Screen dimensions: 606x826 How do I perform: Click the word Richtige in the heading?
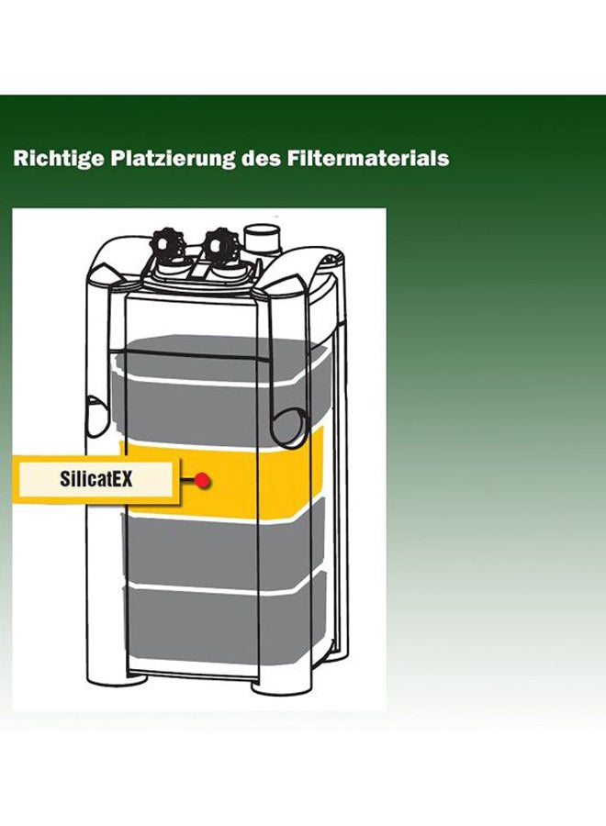[x=59, y=159]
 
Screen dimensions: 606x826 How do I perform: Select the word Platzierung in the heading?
[x=173, y=159]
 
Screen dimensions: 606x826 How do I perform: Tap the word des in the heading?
[x=262, y=159]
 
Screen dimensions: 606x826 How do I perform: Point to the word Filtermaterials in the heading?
[x=368, y=159]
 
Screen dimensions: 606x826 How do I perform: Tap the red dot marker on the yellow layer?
[x=202, y=480]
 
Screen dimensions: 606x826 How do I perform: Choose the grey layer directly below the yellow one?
[x=224, y=548]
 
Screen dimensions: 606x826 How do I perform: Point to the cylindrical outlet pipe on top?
[x=264, y=240]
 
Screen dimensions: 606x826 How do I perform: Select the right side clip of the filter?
[x=287, y=427]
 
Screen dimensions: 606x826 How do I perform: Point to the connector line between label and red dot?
[x=186, y=480]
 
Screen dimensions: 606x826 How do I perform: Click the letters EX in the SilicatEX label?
[x=122, y=479]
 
